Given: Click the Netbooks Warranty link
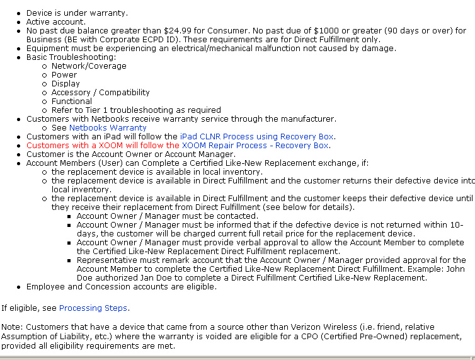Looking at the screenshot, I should click(x=108, y=127).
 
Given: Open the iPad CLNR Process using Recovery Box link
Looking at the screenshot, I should click(x=257, y=136).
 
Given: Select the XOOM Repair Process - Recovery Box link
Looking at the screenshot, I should click(x=255, y=145).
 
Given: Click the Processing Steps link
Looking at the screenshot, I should click(x=93, y=308).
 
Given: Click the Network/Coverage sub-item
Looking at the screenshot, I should click(x=89, y=66).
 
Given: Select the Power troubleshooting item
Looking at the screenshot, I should click(x=65, y=74).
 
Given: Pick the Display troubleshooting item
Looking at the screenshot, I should click(x=66, y=83).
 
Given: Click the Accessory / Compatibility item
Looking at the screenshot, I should click(x=100, y=92).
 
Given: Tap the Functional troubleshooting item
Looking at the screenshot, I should click(x=71, y=101).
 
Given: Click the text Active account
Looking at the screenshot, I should click(x=55, y=21).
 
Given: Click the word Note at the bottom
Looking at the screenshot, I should click(x=11, y=327).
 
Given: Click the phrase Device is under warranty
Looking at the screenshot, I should click(x=76, y=13).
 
